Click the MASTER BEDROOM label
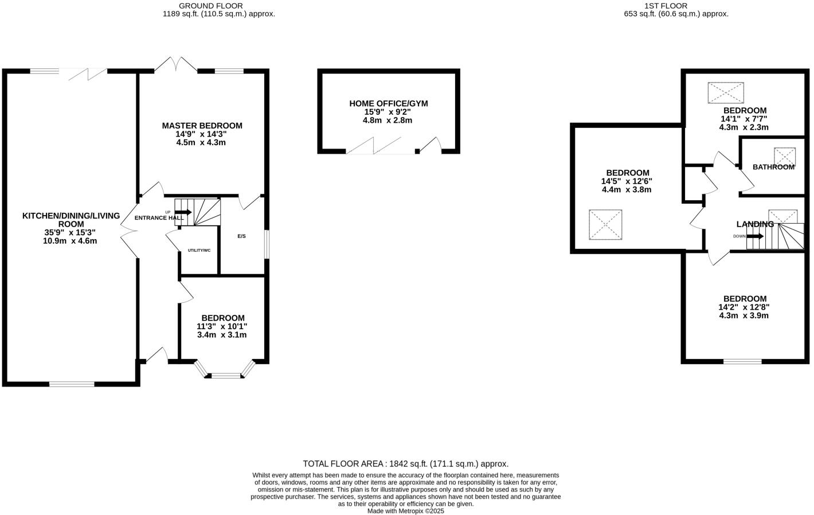tap(202, 126)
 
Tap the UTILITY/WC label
tap(199, 251)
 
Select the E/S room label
tap(241, 236)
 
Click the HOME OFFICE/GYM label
tap(389, 104)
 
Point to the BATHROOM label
tap(773, 167)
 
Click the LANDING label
tap(755, 224)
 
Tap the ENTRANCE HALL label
tap(159, 218)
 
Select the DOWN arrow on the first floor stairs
tap(754, 236)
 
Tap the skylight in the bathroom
tap(785, 156)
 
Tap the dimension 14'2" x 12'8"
tap(744, 307)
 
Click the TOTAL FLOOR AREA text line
tap(405, 464)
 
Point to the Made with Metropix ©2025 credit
tap(405, 511)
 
